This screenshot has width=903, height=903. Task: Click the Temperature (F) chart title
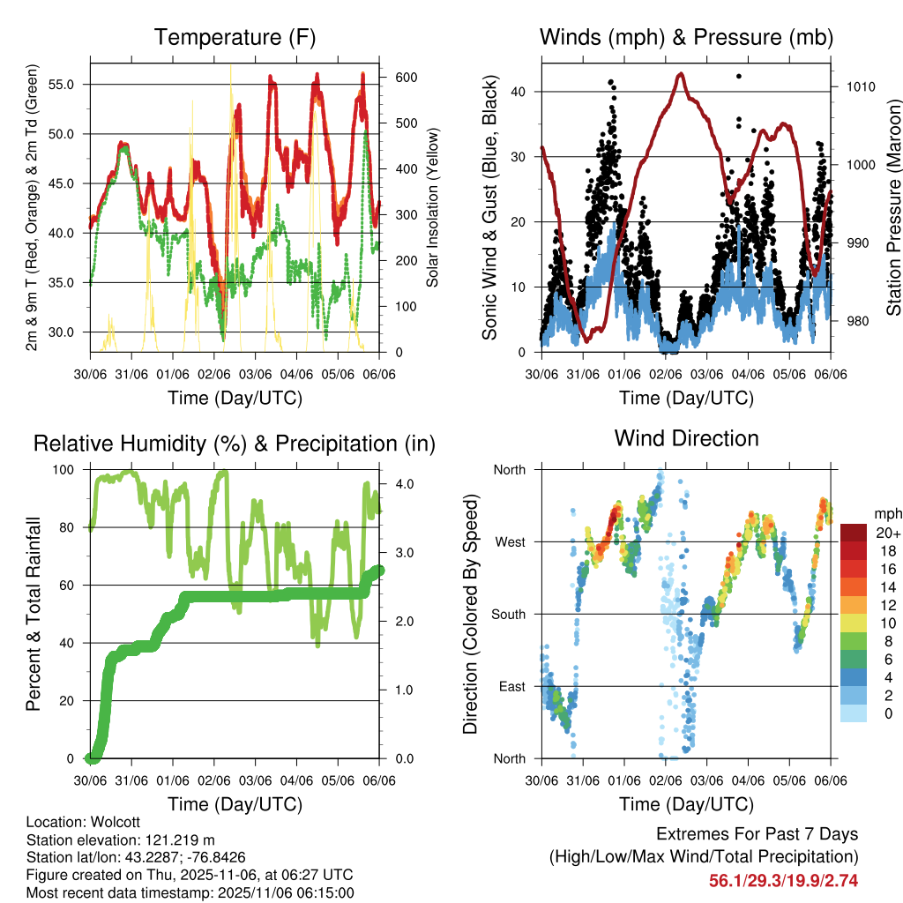tap(235, 38)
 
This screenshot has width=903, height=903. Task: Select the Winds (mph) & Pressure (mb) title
tap(686, 38)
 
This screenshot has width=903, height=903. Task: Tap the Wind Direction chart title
tap(686, 438)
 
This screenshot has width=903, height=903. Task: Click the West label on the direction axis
tap(510, 541)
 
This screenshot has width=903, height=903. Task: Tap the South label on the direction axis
tap(509, 614)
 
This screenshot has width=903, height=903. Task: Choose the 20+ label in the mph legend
tap(886, 533)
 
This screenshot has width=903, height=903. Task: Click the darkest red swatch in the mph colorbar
tap(854, 533)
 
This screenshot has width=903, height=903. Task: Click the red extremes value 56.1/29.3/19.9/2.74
tap(783, 880)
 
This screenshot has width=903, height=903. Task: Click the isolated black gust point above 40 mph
tap(738, 77)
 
